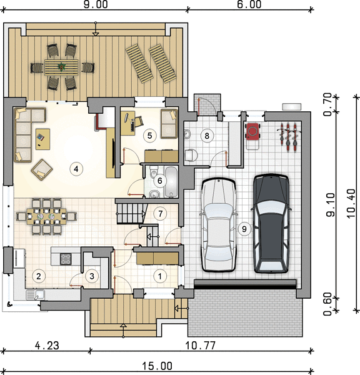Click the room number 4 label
point(76,169)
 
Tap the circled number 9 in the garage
point(244,229)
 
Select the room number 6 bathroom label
point(160,181)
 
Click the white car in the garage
point(219,225)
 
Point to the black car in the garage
point(271,223)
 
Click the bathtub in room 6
point(171,182)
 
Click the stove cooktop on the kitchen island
point(66,259)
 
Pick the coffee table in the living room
point(43,139)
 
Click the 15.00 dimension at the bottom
point(157,366)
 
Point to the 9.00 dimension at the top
point(96,4)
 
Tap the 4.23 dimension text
point(47,346)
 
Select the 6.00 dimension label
point(249,4)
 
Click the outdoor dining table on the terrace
point(61,67)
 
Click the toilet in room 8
point(191,155)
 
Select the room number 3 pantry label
point(92,276)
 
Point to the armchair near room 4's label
point(42,169)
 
